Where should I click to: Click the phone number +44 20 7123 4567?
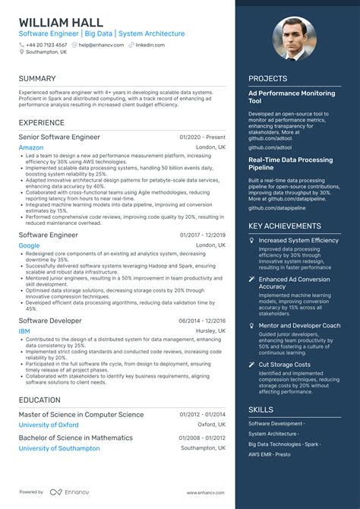[47, 45]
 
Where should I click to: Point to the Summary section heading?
[37, 78]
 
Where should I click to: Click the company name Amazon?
[31, 147]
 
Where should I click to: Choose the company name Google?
[30, 245]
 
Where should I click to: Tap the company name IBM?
[25, 331]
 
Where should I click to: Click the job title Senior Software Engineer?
[59, 137]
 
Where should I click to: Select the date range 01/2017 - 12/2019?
[203, 236]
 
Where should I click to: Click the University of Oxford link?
[49, 425]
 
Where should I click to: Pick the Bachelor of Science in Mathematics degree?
[76, 438]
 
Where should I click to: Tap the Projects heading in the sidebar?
[267, 78]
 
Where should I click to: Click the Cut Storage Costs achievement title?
[286, 365]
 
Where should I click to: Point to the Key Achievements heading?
[285, 226]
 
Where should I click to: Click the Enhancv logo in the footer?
[66, 492]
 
